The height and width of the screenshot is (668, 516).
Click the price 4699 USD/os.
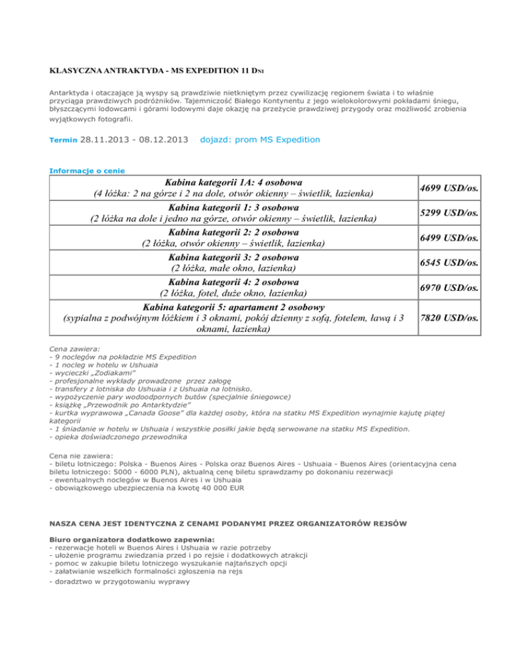(x=449, y=189)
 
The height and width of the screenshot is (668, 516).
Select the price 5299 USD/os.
(x=449, y=214)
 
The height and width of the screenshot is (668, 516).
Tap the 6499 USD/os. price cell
(x=449, y=238)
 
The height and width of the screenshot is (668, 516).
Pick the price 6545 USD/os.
(x=449, y=263)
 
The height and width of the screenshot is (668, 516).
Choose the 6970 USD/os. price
(x=449, y=288)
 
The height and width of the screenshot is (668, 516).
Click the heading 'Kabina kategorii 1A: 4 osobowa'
(x=233, y=182)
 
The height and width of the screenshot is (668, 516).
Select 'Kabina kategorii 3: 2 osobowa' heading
(x=233, y=257)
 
